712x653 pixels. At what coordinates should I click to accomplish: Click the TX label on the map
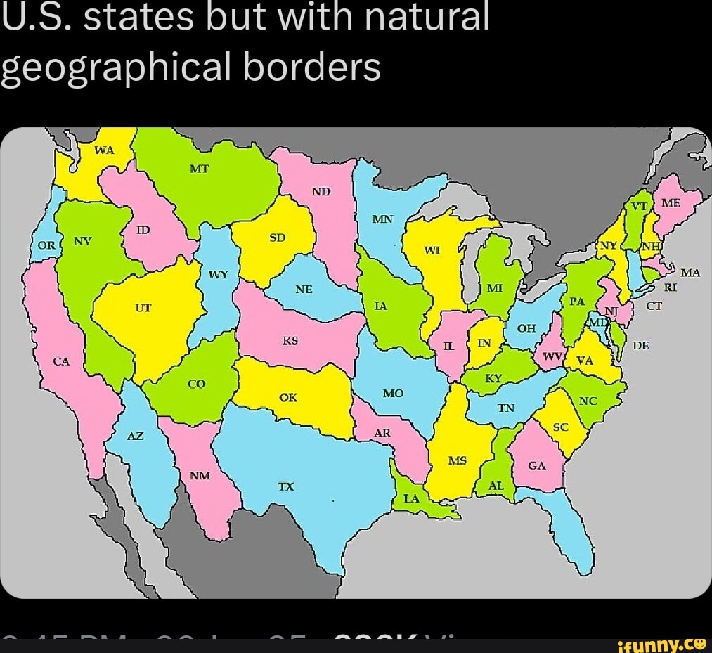point(285,486)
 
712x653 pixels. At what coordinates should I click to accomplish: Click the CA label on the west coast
point(62,361)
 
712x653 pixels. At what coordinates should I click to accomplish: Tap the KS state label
point(290,340)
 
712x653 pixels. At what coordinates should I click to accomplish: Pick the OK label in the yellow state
point(288,397)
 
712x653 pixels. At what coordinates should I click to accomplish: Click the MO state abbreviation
point(393,394)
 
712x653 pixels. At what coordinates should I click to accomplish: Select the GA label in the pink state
point(536,465)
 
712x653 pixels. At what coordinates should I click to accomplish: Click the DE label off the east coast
point(640,346)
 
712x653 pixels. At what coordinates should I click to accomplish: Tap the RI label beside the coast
point(669,287)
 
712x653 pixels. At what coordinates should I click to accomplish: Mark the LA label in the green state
point(411,498)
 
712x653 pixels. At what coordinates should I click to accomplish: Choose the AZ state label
point(136,436)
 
